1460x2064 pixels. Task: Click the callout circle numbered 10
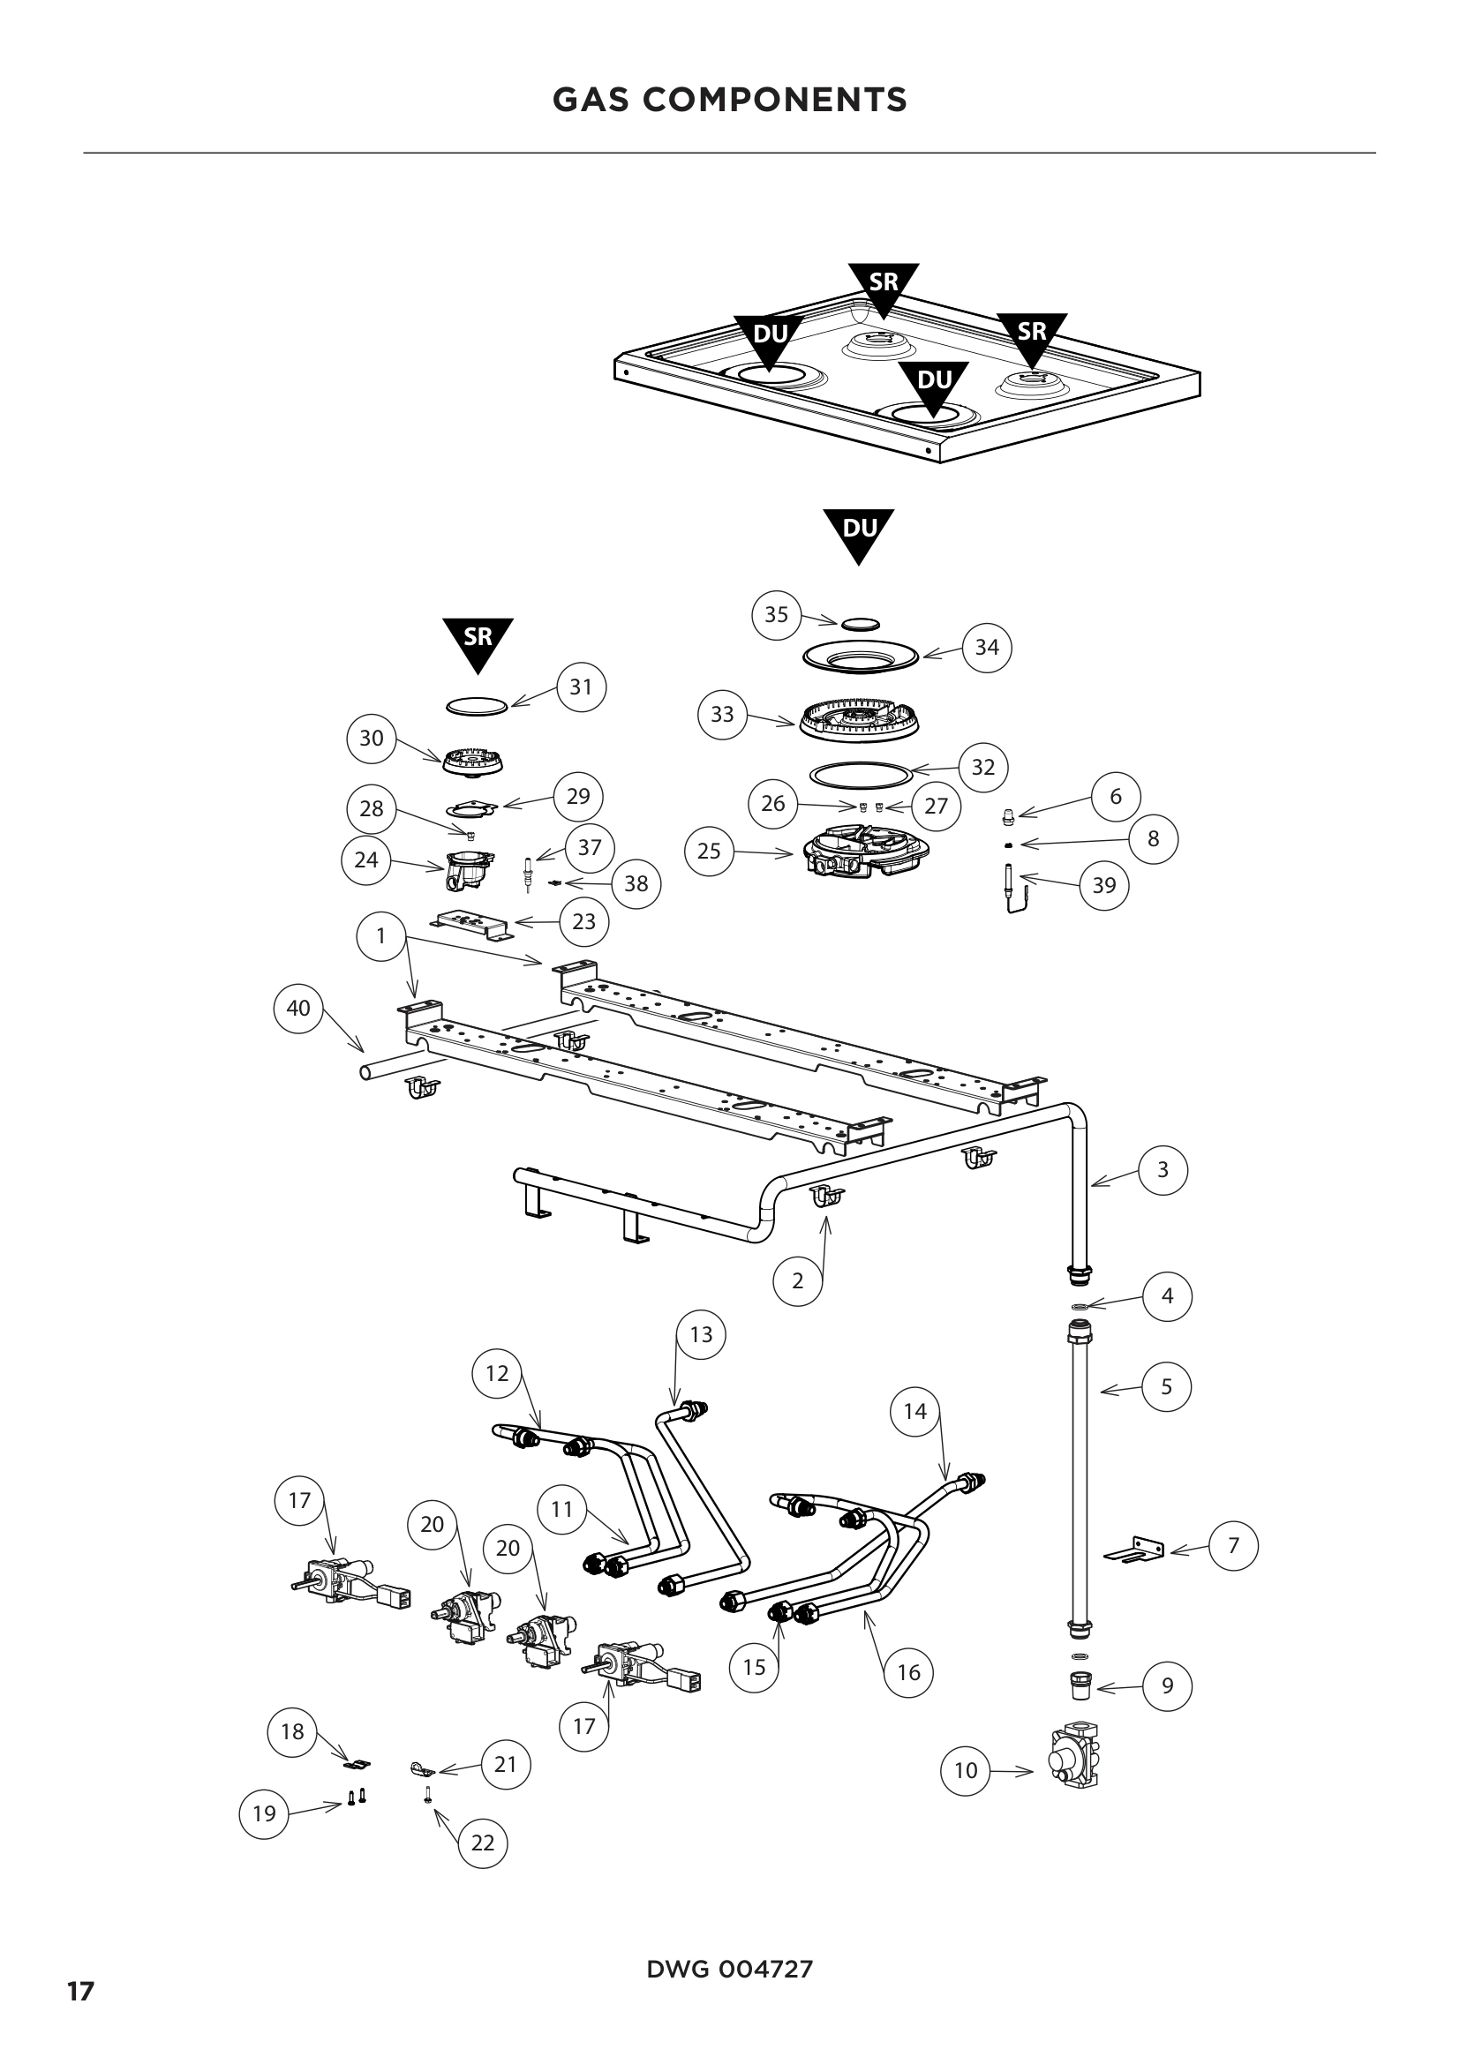(x=965, y=1771)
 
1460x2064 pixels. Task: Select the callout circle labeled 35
(x=776, y=615)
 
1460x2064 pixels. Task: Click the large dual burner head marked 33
(x=860, y=720)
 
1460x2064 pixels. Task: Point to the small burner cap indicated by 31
(x=478, y=706)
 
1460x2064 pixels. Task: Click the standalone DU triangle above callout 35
(x=859, y=532)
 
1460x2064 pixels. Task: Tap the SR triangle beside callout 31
(x=478, y=641)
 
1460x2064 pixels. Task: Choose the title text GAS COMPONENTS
(x=729, y=100)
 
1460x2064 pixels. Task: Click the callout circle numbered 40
(x=297, y=1009)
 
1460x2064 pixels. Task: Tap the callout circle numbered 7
(x=1233, y=1545)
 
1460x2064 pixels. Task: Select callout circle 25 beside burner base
(x=709, y=851)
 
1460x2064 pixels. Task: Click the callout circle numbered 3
(x=1163, y=1170)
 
